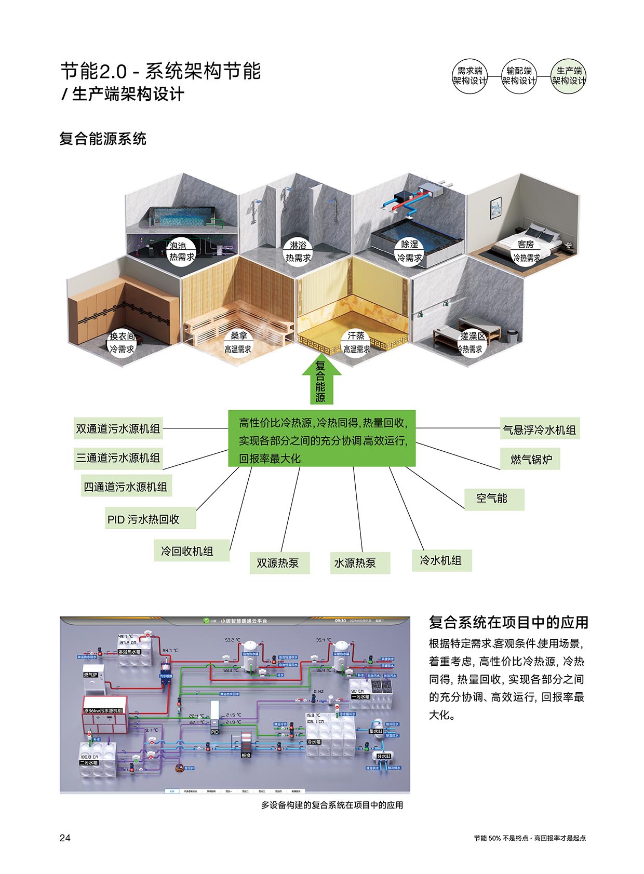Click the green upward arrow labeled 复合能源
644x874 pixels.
click(x=321, y=381)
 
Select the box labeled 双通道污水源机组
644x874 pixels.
click(x=118, y=429)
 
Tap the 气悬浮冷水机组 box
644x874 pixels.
click(x=540, y=430)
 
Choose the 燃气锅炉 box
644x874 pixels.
click(x=531, y=459)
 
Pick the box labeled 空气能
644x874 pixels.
click(x=493, y=499)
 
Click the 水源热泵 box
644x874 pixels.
click(x=360, y=563)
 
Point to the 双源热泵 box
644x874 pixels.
click(x=279, y=563)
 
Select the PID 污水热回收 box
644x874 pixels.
click(x=150, y=519)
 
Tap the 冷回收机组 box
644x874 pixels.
click(x=191, y=551)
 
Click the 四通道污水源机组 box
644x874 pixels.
click(x=126, y=487)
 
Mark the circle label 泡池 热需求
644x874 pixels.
click(x=181, y=251)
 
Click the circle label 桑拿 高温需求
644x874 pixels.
click(x=238, y=343)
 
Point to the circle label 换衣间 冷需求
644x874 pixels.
click(x=122, y=343)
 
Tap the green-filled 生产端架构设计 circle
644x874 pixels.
click(x=568, y=76)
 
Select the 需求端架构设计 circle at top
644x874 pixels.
click(x=470, y=76)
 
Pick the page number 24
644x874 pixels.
click(x=65, y=838)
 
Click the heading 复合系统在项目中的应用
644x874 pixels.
click(x=508, y=622)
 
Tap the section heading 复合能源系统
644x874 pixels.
click(x=103, y=139)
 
